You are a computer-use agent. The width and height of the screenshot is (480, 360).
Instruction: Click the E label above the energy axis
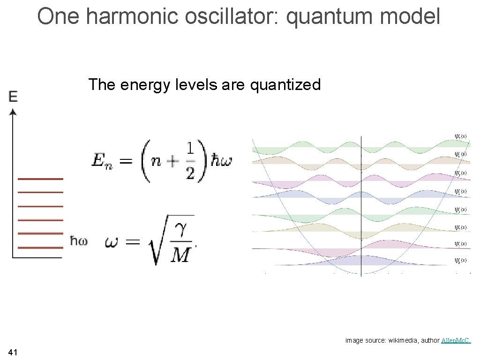pos(13,97)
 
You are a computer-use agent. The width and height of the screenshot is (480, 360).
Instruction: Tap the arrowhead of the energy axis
pos(13,112)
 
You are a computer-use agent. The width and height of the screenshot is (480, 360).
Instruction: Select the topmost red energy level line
pos(40,179)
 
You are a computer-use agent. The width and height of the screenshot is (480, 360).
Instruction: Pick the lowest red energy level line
pos(40,247)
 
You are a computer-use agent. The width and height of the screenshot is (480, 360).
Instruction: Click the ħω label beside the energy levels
pos(79,241)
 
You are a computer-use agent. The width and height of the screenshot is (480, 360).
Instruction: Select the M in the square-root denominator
pos(180,255)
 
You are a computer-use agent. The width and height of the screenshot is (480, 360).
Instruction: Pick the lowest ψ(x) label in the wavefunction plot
pos(461,260)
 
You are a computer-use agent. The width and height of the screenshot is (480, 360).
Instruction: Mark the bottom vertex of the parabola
pos(361,273)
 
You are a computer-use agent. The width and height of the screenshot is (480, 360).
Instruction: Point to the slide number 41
pos(13,352)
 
